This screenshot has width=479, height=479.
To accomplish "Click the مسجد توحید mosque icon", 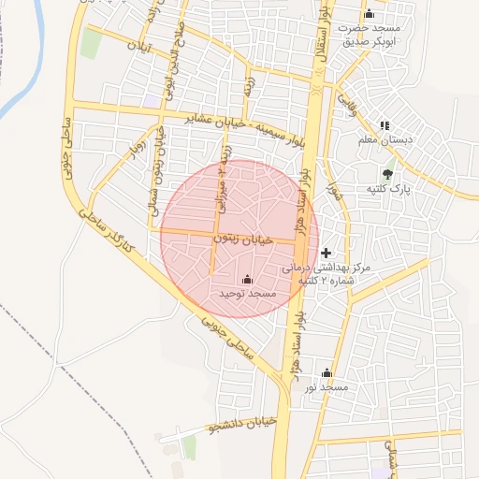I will click(247, 279).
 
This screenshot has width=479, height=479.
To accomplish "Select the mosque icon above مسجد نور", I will click(327, 372).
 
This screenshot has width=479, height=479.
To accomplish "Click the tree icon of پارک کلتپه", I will click(387, 172).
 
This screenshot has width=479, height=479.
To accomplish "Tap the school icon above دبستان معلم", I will click(385, 125).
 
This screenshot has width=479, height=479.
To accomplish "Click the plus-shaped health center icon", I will click(326, 253).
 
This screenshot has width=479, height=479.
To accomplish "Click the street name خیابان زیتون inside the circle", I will click(245, 240).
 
